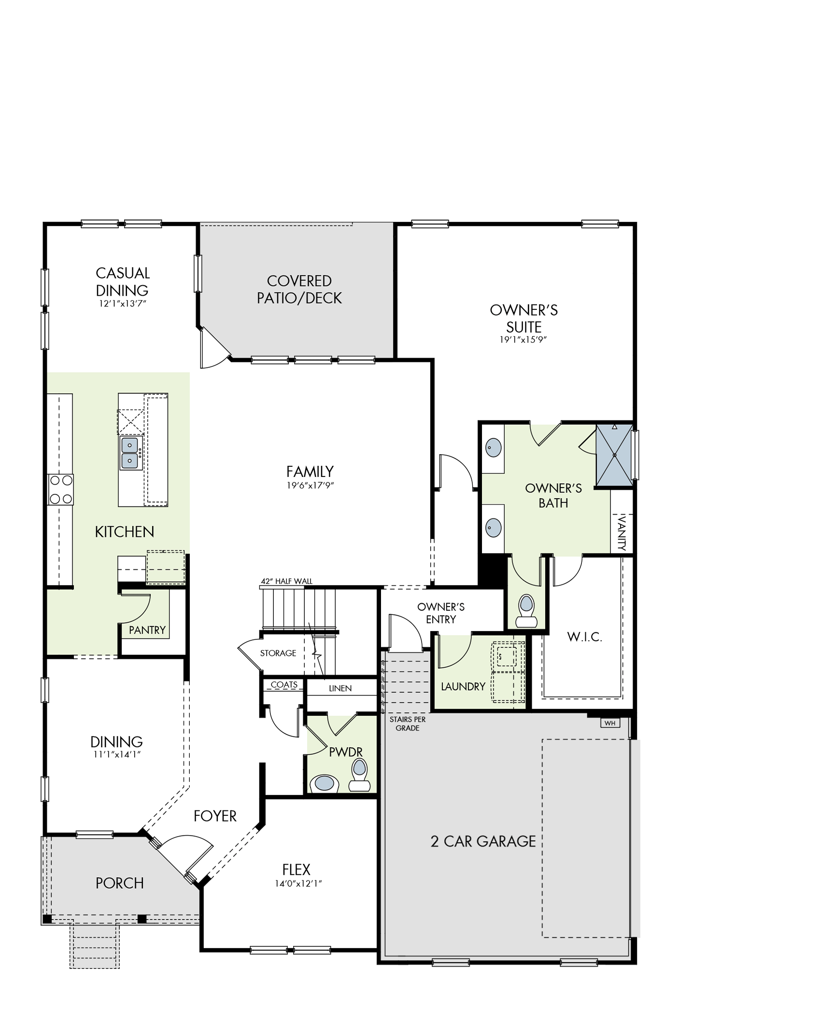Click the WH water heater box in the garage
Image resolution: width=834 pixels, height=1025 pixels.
click(x=610, y=723)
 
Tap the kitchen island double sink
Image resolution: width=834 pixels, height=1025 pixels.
click(x=130, y=453)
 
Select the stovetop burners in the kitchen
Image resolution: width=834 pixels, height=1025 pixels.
click(x=61, y=490)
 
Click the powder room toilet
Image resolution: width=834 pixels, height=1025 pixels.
click(x=359, y=776)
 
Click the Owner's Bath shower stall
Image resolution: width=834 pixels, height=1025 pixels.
click(x=614, y=455)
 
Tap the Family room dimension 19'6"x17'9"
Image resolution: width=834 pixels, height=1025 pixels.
click(x=310, y=485)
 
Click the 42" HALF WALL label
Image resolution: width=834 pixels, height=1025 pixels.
click(x=287, y=581)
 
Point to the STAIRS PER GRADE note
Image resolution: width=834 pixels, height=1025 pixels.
click(x=408, y=724)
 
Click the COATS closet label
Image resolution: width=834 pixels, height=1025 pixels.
click(x=284, y=685)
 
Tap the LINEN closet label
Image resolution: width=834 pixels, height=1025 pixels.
click(x=340, y=688)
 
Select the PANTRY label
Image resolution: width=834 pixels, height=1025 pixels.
click(x=147, y=630)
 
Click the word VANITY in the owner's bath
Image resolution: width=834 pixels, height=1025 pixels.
click(x=622, y=533)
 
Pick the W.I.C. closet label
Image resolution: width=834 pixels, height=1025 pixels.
click(x=584, y=637)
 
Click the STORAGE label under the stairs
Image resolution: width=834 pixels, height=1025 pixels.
click(x=278, y=653)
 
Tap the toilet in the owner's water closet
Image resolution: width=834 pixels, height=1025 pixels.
click(x=526, y=610)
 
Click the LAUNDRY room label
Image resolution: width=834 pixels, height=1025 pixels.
click(x=463, y=686)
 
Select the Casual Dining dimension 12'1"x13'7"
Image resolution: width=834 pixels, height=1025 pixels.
click(x=123, y=303)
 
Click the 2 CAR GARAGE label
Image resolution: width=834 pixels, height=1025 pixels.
click(x=483, y=841)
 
